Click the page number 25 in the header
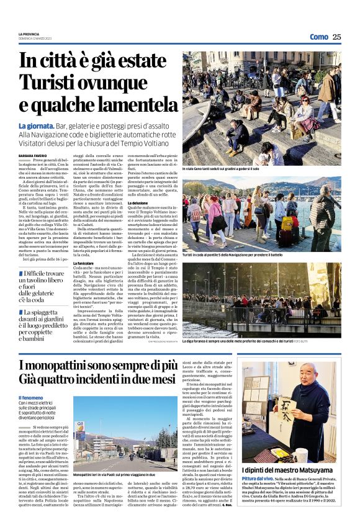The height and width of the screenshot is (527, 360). [336, 37]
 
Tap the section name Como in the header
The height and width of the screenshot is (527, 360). [318, 37]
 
